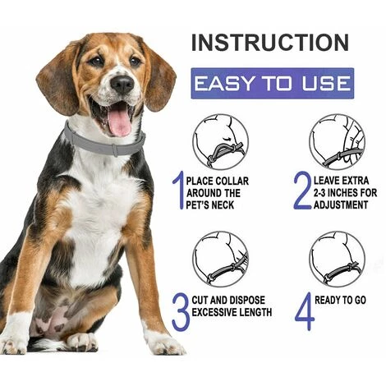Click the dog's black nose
click(x=122, y=83)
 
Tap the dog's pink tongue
click(x=119, y=121)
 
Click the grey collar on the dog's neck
click(x=104, y=142)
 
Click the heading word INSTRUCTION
click(x=270, y=43)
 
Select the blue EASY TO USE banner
click(x=273, y=83)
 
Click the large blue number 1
click(x=178, y=190)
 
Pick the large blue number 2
click(x=303, y=191)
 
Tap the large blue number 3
click(x=181, y=312)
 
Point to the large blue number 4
click(x=305, y=311)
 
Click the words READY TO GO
click(x=340, y=301)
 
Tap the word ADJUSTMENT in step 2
click(x=341, y=204)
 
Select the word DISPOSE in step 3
click(x=247, y=300)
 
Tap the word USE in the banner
click(x=325, y=83)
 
